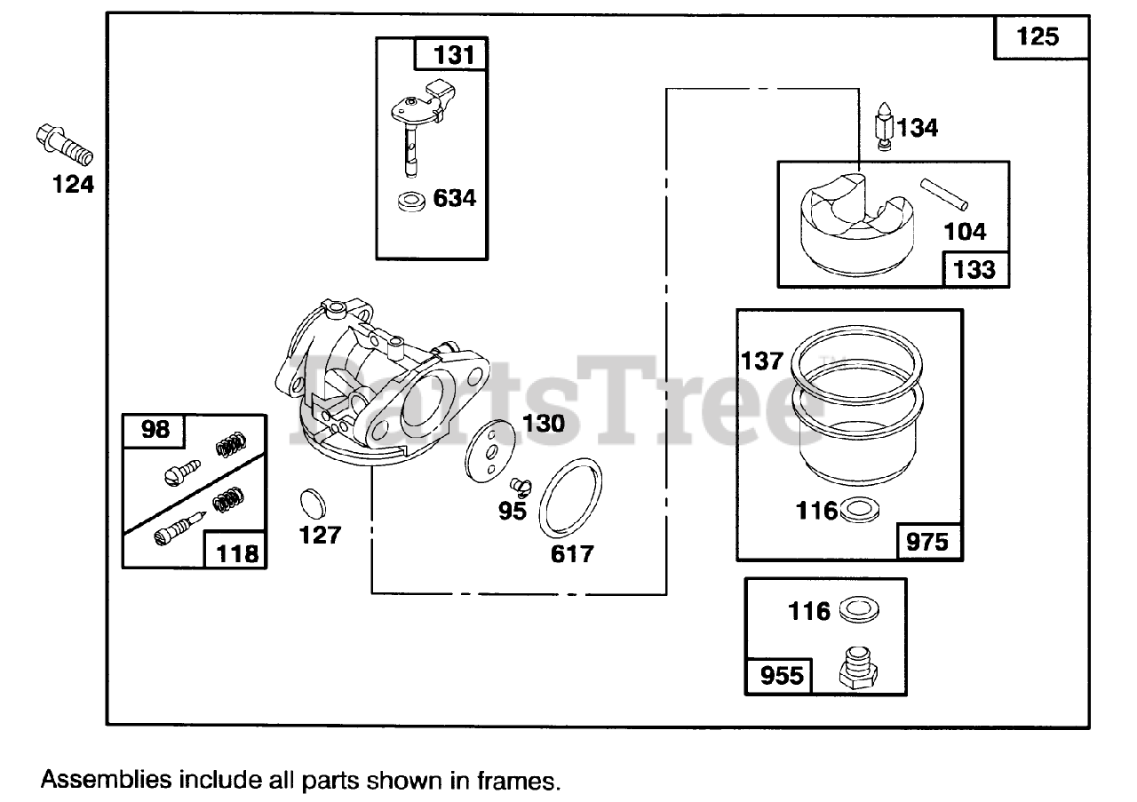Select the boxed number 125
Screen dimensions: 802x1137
(x=1038, y=36)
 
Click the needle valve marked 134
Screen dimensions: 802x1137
(x=885, y=128)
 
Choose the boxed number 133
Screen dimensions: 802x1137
(x=974, y=268)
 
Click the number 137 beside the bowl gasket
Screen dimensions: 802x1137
(x=763, y=361)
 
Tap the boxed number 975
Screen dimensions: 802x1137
(x=926, y=541)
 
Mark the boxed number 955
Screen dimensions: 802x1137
(x=780, y=677)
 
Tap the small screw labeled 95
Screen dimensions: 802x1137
(x=519, y=485)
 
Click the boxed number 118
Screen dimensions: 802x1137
(x=238, y=552)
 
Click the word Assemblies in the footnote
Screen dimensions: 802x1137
(x=107, y=781)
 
